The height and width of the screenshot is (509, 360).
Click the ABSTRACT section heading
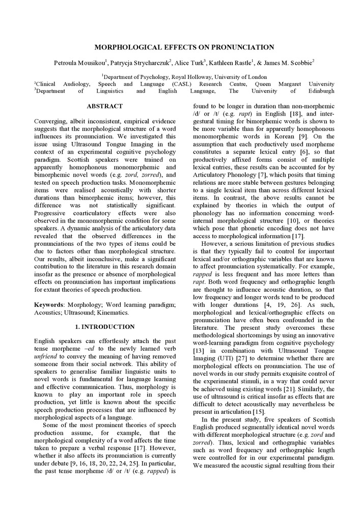point(104,106)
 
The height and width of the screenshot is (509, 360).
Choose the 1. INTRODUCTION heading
point(104,327)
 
